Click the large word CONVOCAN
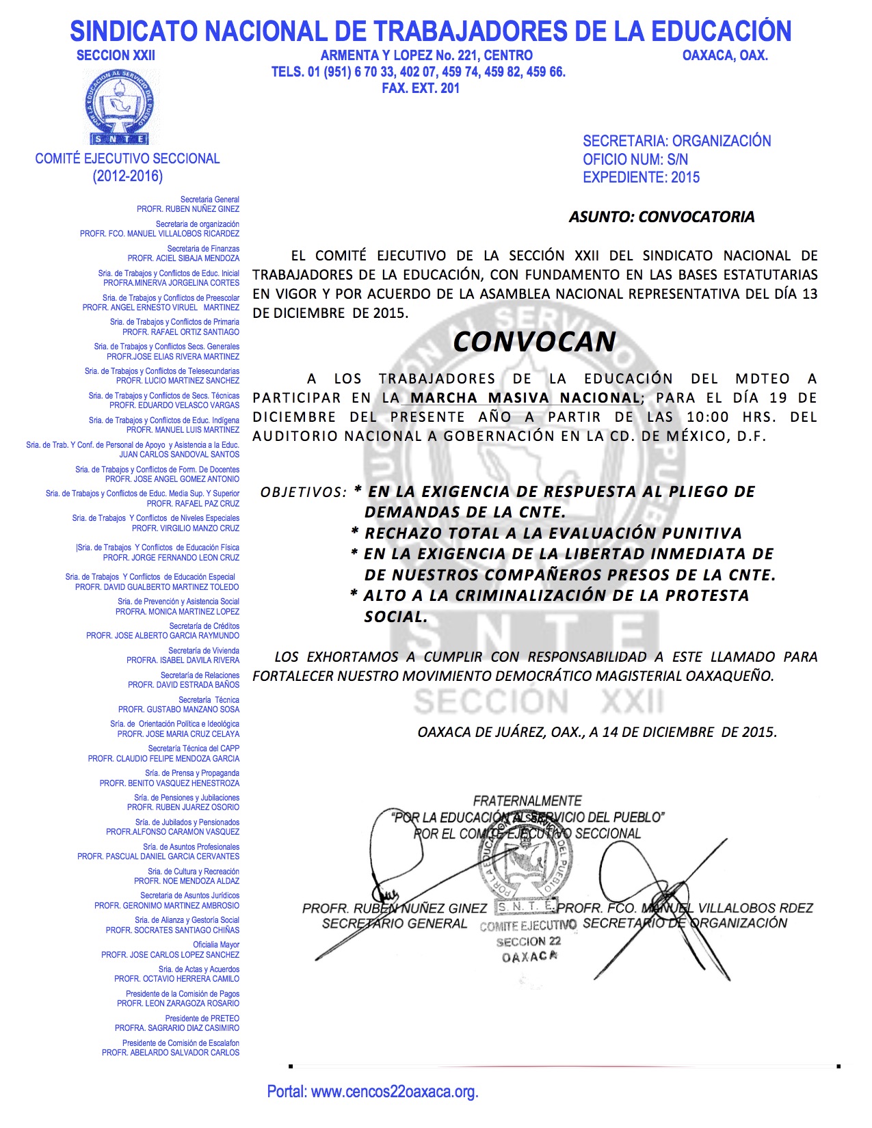click(x=534, y=341)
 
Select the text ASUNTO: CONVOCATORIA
click(x=661, y=217)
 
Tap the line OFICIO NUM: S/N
click(x=635, y=159)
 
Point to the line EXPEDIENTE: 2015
click(x=641, y=177)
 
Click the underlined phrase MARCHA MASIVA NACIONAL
click(x=525, y=398)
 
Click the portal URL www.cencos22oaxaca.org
click(x=395, y=1092)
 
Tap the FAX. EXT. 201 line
click(x=421, y=88)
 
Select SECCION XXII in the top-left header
click(x=116, y=55)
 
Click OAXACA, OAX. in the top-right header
click(x=725, y=55)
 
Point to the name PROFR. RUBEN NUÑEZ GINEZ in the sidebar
click(x=188, y=209)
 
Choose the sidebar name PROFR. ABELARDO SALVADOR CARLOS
click(x=170, y=1053)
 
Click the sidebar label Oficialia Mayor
click(x=216, y=945)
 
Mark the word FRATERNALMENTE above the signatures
click(x=527, y=801)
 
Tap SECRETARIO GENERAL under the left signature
click(x=395, y=924)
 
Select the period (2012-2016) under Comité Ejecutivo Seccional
click(x=128, y=176)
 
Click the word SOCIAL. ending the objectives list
click(x=396, y=617)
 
